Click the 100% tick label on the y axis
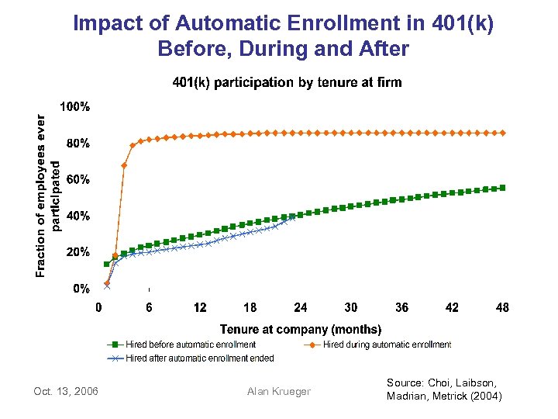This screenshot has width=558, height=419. (x=74, y=107)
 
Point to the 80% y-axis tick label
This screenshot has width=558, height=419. (x=77, y=144)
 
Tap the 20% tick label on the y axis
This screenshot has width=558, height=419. (x=77, y=253)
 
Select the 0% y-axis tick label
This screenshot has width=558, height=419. (x=80, y=289)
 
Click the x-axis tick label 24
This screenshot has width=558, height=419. (x=301, y=308)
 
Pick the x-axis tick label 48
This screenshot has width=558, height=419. (x=502, y=308)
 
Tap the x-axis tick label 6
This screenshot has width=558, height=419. (x=149, y=308)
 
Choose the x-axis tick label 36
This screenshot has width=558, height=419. (x=401, y=308)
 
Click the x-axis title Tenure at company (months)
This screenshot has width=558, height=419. (x=301, y=330)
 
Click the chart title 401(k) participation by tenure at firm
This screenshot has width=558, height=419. (x=287, y=82)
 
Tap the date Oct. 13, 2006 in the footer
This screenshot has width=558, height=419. (x=66, y=391)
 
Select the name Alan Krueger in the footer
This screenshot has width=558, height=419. (x=278, y=391)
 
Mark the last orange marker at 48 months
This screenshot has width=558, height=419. (x=503, y=133)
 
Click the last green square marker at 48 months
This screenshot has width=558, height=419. (x=503, y=188)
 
